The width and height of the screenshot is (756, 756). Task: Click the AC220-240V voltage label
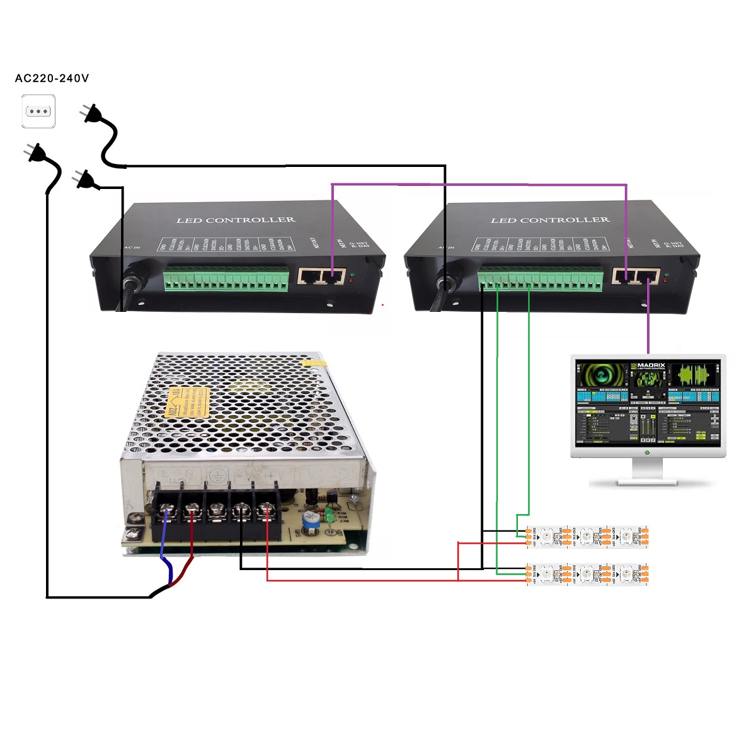click(x=52, y=79)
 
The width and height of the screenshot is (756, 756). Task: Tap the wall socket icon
click(x=38, y=112)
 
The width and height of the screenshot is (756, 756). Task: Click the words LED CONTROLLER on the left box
click(x=236, y=220)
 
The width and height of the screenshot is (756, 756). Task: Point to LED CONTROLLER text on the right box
click(x=550, y=220)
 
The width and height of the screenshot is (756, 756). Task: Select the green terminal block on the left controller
click(x=226, y=278)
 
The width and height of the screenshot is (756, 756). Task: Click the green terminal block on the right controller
click(x=540, y=279)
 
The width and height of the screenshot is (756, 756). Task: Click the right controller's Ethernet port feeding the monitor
click(x=648, y=276)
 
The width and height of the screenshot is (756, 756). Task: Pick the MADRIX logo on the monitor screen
click(x=647, y=366)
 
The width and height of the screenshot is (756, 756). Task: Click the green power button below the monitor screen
click(x=647, y=452)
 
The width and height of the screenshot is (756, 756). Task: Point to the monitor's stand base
click(x=647, y=481)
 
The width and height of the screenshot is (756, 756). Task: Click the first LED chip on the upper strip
click(x=547, y=536)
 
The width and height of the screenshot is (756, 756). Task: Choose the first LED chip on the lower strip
click(x=547, y=573)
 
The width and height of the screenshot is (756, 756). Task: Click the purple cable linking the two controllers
click(x=479, y=185)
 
